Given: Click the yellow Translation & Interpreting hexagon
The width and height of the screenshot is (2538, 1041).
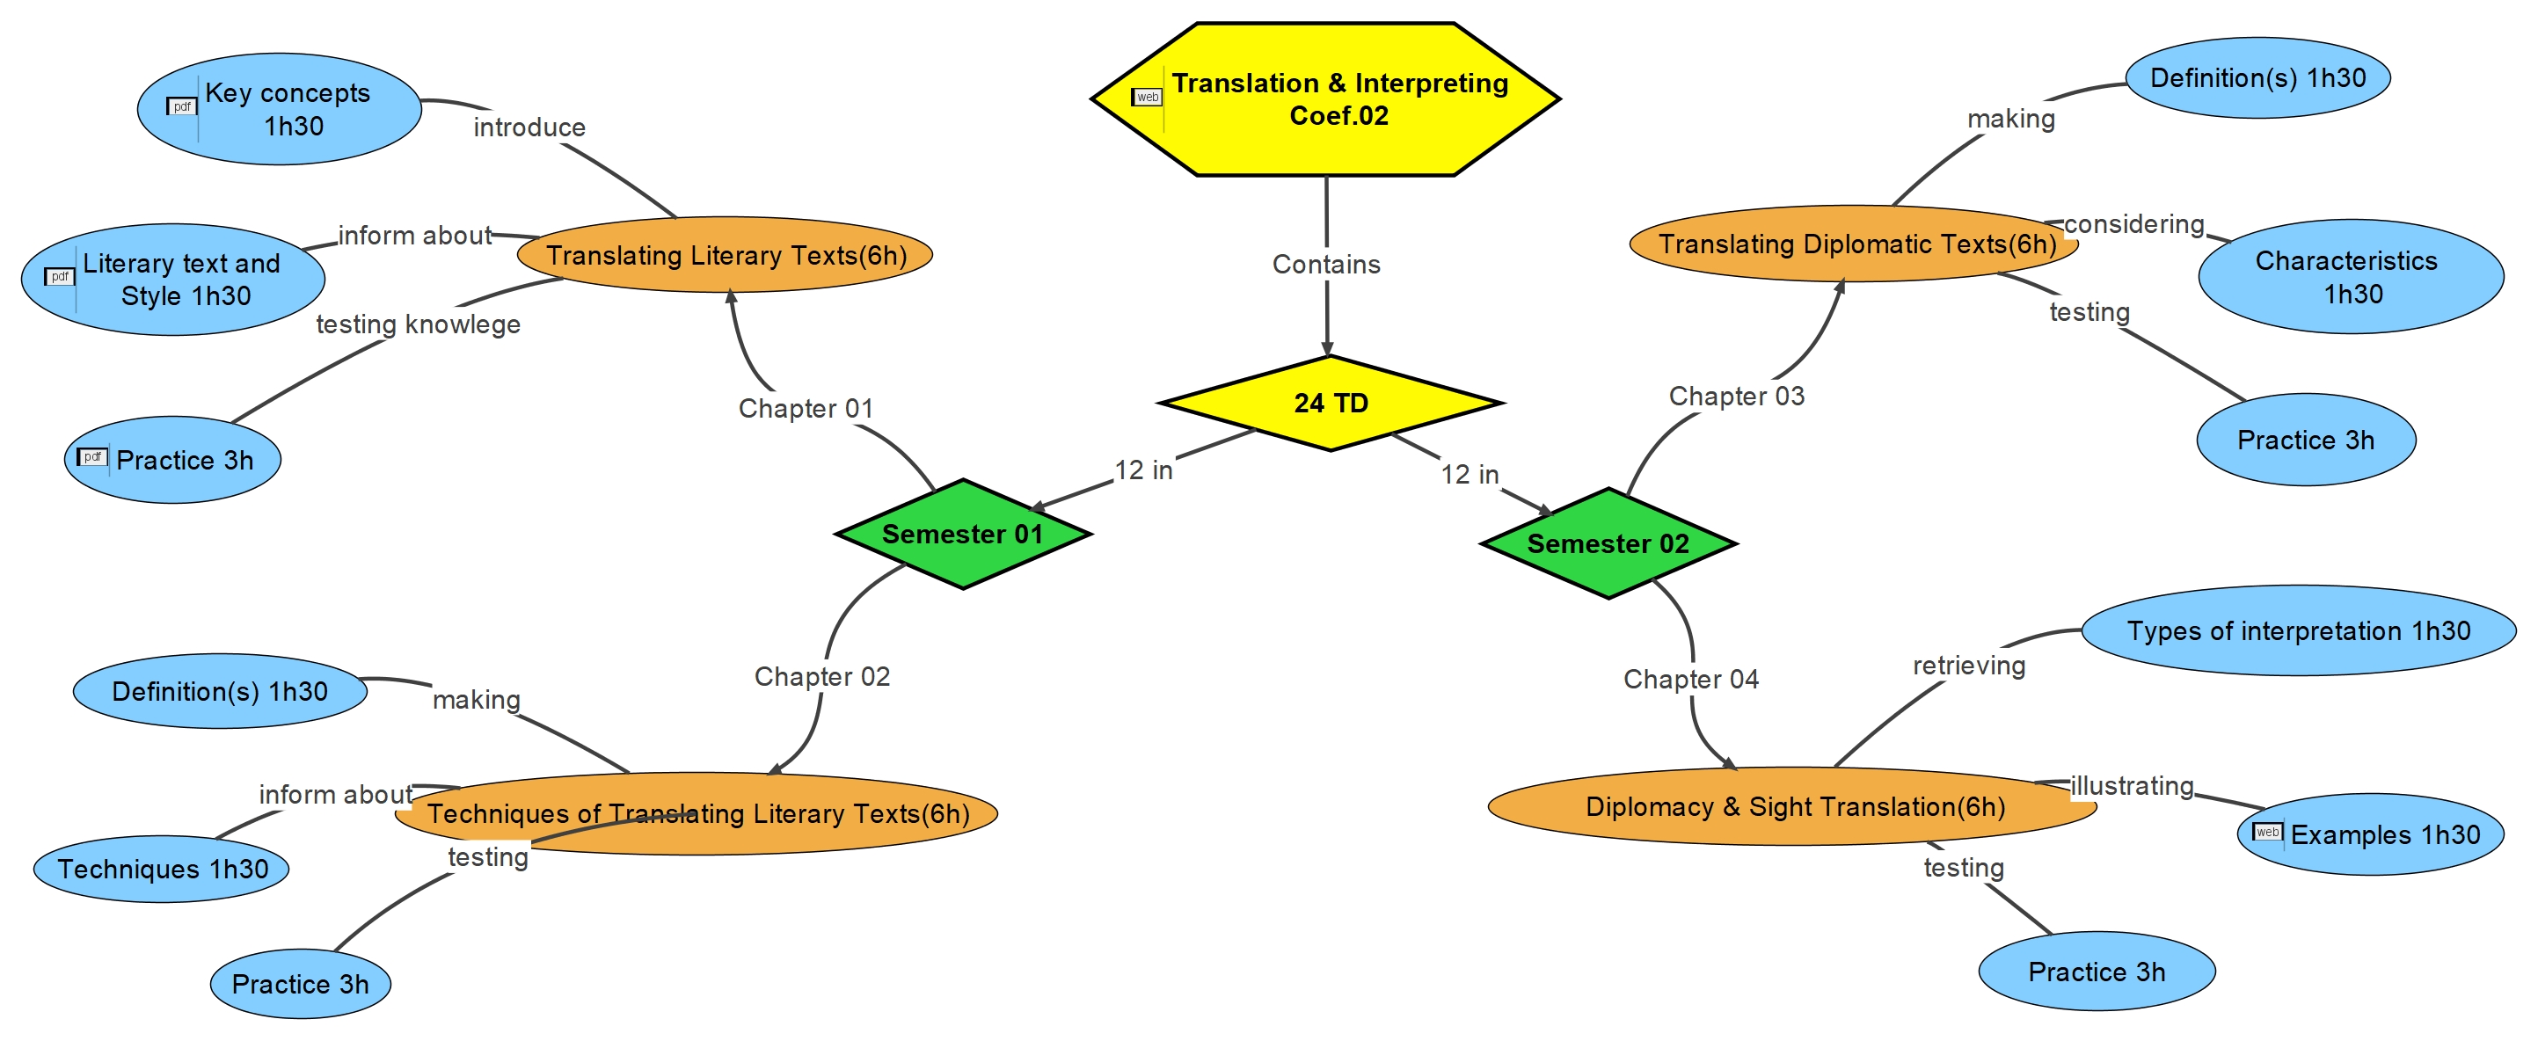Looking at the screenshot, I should [1325, 98].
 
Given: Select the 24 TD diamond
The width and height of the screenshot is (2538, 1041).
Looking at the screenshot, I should [1330, 403].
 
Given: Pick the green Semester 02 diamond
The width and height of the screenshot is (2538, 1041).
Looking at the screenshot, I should [1608, 543].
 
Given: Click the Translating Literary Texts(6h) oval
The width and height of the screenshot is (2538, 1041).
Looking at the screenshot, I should [726, 255].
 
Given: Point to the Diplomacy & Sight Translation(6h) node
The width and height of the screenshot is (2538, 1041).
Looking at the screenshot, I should [1793, 806].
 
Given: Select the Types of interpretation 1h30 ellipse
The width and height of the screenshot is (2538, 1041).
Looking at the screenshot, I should [2298, 630].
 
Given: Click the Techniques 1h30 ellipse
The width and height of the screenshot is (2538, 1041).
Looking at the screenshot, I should [162, 869].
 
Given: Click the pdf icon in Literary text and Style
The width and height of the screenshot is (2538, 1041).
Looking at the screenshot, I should [60, 277].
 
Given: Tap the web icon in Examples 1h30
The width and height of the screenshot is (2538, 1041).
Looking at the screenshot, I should [2267, 833].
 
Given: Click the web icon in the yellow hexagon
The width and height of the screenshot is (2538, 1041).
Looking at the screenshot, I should [1147, 98].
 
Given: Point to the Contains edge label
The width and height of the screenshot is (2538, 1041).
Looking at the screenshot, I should [1326, 264].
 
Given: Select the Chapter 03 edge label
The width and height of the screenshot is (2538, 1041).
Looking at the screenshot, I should [1736, 396].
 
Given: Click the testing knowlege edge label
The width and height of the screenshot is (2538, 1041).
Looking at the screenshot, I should [418, 324].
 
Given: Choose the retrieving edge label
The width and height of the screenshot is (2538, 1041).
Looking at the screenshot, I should [1968, 666].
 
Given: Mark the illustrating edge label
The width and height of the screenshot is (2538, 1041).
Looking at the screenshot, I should [2132, 786].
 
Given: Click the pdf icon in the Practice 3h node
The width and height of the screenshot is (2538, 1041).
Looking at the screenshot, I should [92, 457].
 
